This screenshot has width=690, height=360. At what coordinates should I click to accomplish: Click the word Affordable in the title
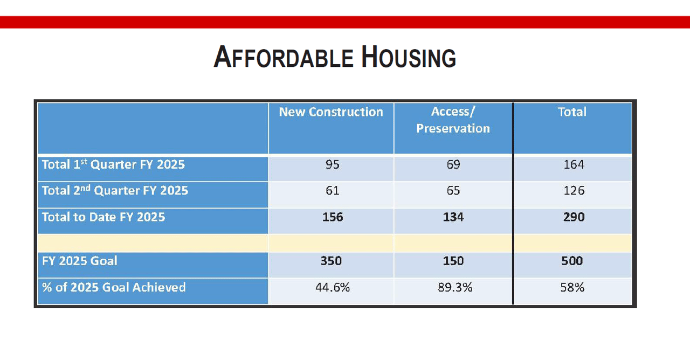point(284,57)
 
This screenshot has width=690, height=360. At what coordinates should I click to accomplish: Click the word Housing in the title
point(409,57)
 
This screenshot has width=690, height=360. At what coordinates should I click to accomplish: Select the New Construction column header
point(331,112)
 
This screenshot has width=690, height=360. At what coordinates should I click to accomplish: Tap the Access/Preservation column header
point(453,120)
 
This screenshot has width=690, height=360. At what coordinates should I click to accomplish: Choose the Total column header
point(572,112)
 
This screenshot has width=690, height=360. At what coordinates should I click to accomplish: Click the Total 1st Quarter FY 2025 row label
point(113,164)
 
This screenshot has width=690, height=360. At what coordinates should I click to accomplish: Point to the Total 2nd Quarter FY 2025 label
point(115,191)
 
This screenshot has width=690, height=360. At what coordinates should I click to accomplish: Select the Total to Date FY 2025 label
point(103,217)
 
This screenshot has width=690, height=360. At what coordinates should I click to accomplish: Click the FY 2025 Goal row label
point(79,261)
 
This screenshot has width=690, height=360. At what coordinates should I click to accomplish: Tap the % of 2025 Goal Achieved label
point(114,287)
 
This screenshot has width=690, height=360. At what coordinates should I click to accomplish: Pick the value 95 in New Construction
point(332,165)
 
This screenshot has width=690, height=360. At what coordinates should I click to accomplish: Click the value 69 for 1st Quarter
point(453,165)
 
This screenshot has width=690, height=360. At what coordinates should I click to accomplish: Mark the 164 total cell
point(573,165)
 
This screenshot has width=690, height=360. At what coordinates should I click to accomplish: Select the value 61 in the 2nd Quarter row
point(332,191)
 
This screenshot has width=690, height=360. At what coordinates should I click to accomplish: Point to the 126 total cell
point(573,191)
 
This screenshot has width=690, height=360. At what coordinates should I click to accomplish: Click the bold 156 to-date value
point(332,217)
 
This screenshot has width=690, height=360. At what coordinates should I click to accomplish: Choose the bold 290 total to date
point(573,217)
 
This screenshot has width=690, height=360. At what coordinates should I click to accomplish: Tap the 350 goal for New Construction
point(331,261)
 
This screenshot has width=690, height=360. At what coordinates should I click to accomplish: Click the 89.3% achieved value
point(455,287)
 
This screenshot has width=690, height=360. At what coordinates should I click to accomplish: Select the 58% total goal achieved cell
point(572,287)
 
